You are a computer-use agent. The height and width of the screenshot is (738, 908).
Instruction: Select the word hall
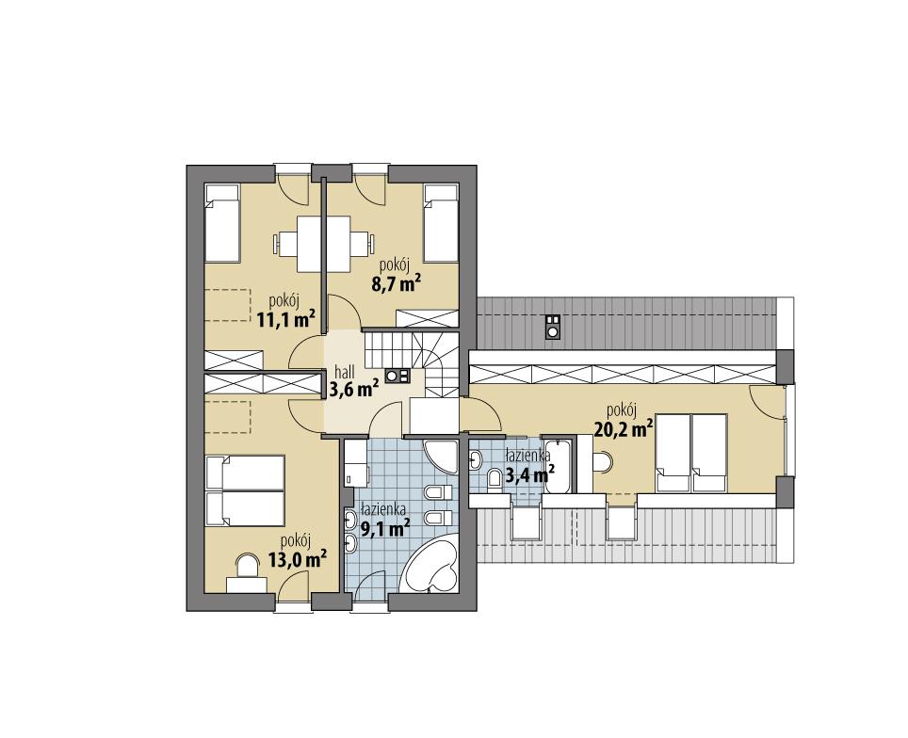click(344, 372)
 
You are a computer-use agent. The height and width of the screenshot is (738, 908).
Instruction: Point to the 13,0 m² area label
click(297, 560)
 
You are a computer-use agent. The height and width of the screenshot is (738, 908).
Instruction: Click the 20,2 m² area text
click(624, 429)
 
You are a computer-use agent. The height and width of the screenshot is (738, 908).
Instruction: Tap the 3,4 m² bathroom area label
click(528, 475)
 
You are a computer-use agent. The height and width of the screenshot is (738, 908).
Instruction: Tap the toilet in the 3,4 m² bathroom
click(494, 479)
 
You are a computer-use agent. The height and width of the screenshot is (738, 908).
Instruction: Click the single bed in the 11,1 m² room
click(223, 222)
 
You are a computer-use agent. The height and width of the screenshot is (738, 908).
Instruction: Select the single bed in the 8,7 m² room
click(440, 222)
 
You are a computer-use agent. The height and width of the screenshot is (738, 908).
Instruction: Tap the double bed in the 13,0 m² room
click(245, 490)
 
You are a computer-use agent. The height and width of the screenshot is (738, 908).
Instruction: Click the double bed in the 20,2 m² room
click(690, 453)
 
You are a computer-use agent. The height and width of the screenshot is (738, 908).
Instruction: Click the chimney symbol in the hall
click(397, 375)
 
